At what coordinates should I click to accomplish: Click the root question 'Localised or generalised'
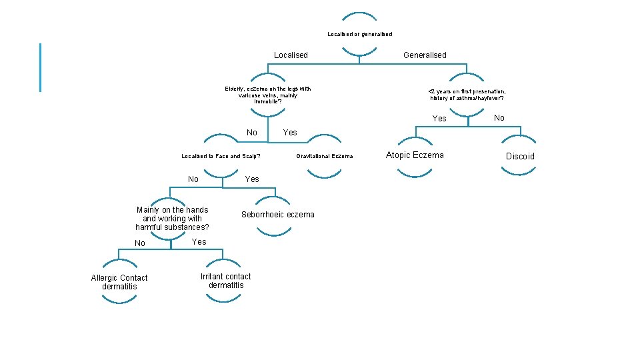pyautogui.click(x=359, y=34)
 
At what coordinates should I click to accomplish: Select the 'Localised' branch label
pyautogui.click(x=291, y=55)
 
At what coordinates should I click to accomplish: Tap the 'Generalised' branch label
pyautogui.click(x=425, y=55)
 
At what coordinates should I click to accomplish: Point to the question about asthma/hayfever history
pyautogui.click(x=467, y=95)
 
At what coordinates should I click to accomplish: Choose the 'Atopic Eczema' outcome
pyautogui.click(x=415, y=155)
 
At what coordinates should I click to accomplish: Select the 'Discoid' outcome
pyautogui.click(x=520, y=157)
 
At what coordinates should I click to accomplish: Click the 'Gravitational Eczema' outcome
pyautogui.click(x=325, y=157)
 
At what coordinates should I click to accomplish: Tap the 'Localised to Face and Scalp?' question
pyautogui.click(x=221, y=157)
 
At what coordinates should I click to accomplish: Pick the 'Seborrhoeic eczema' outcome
pyautogui.click(x=277, y=215)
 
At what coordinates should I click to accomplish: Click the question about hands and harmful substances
pyautogui.click(x=172, y=219)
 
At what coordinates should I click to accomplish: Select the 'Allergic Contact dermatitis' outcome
pyautogui.click(x=119, y=282)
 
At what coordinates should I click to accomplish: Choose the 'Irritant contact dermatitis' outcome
pyautogui.click(x=226, y=281)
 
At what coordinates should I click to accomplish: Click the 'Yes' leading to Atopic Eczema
pyautogui.click(x=439, y=119)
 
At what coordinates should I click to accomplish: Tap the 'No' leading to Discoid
pyautogui.click(x=499, y=118)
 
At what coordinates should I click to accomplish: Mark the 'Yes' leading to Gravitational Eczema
pyautogui.click(x=290, y=133)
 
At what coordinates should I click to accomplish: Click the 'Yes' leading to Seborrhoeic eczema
pyautogui.click(x=252, y=179)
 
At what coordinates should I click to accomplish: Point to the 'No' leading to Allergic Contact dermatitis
pyautogui.click(x=140, y=243)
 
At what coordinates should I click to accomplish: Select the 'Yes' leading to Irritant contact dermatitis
pyautogui.click(x=199, y=242)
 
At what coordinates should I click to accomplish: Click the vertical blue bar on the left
pyautogui.click(x=41, y=67)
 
